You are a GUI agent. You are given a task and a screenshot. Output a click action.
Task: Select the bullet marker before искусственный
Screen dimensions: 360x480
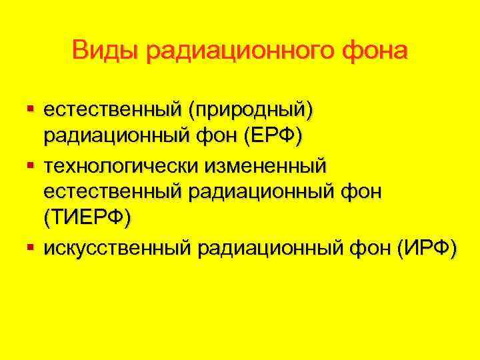pyautogui.click(x=31, y=248)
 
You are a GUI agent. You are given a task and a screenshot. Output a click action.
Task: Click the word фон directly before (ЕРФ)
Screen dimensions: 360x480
pyautogui.click(x=222, y=136)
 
